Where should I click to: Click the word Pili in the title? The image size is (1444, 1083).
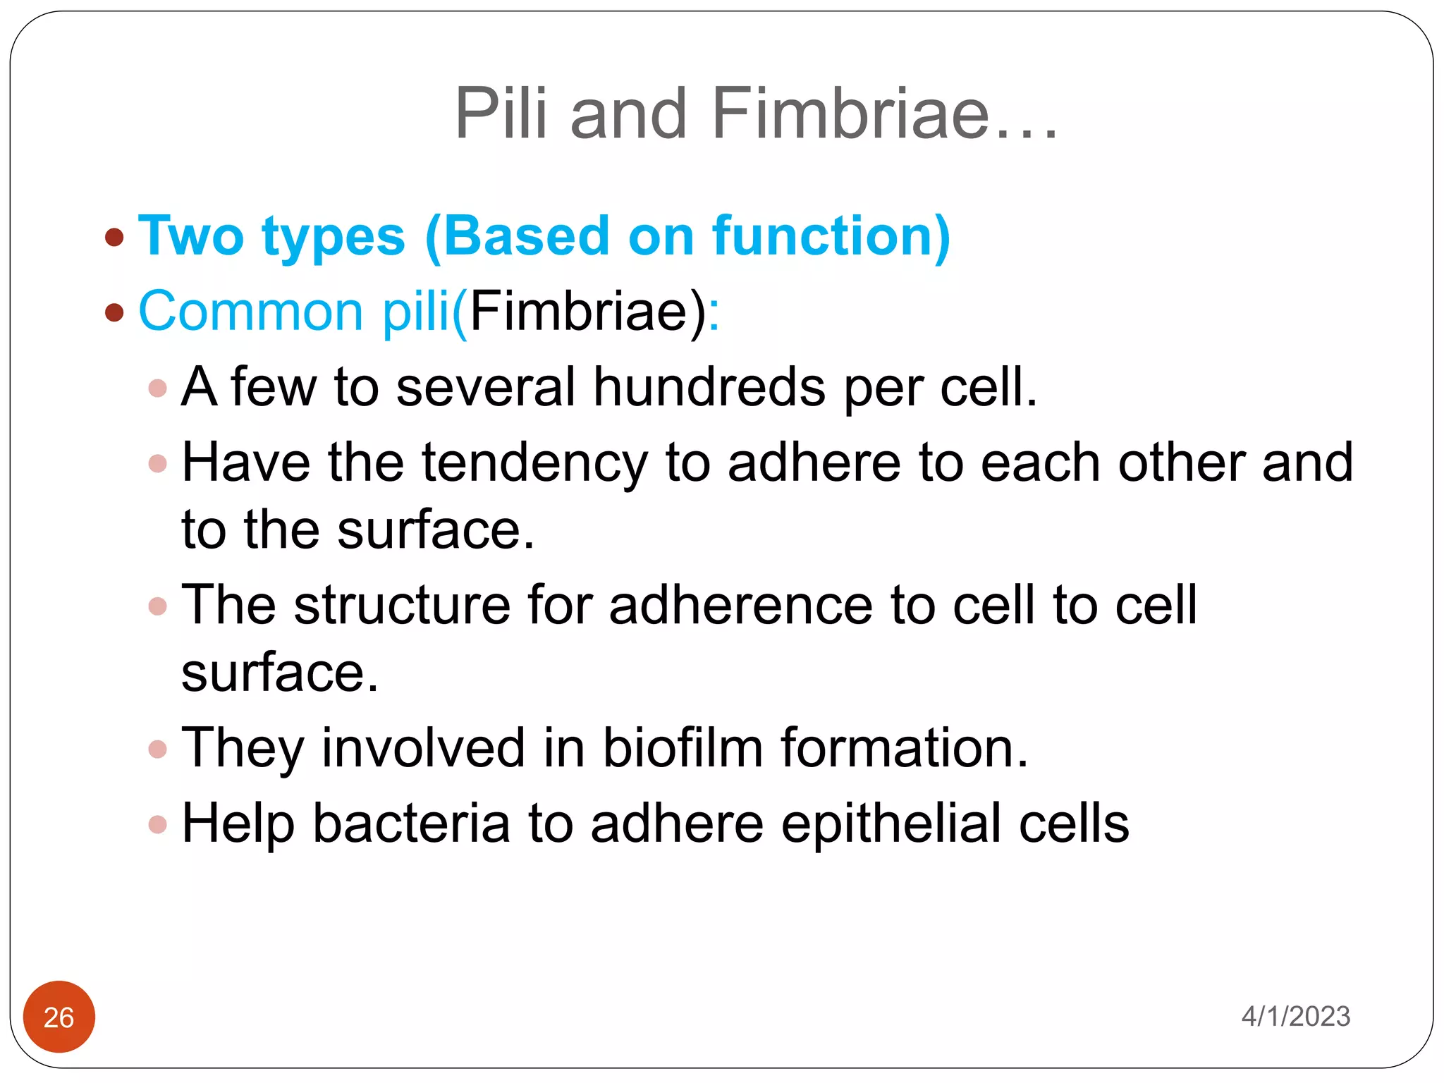[501, 114]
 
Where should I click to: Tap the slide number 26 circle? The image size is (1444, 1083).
[59, 1017]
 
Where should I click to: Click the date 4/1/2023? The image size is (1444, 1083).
[1295, 1016]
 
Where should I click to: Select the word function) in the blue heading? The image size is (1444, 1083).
[831, 236]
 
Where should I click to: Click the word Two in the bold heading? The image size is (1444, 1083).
[191, 236]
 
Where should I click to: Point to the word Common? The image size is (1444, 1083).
[251, 311]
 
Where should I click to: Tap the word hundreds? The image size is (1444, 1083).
[709, 387]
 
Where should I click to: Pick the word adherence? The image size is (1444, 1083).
[741, 605]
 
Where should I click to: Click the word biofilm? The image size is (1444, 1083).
[683, 747]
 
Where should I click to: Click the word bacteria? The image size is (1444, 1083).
[411, 824]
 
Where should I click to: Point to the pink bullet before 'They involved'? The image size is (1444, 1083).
[158, 749]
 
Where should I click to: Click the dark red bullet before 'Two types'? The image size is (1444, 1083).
[114, 237]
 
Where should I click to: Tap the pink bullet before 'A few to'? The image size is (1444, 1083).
[158, 388]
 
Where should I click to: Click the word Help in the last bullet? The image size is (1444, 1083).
[238, 824]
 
